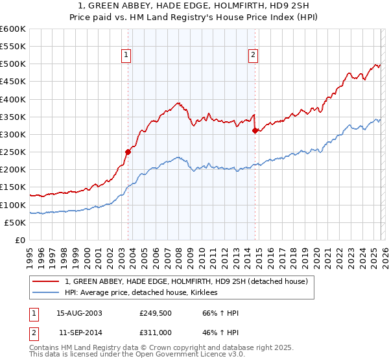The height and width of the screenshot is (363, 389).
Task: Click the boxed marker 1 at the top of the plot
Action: point(126,56)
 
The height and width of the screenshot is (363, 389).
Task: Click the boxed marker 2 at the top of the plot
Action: point(252,56)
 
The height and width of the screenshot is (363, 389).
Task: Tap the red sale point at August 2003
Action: point(128,152)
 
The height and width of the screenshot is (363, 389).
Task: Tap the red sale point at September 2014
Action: point(255,130)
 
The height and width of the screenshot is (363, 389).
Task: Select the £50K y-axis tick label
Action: point(15,222)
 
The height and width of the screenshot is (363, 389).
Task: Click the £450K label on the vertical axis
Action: point(13,82)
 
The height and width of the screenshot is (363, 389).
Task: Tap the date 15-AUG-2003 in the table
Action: point(79,313)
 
